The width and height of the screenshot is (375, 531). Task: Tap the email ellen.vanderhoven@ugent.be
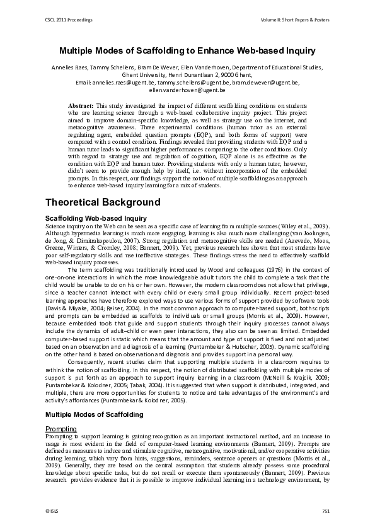[187, 91]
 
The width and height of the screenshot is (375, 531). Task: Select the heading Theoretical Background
[103, 202]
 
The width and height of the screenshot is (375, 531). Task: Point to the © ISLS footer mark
[54, 510]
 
